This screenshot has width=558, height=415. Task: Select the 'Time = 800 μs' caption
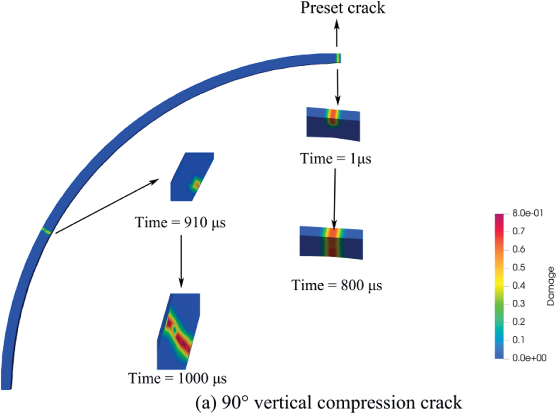tap(337, 285)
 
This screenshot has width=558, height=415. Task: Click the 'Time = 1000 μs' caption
tap(177, 379)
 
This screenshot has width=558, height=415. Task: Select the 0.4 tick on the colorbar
tap(519, 286)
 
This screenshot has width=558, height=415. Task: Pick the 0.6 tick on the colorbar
tap(519, 250)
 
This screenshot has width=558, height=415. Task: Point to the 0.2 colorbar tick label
tap(519, 322)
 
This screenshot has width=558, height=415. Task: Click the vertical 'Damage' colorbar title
tap(551, 286)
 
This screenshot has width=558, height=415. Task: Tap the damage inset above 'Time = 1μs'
tap(333, 122)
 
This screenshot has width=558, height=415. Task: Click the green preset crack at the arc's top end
tap(338, 58)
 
